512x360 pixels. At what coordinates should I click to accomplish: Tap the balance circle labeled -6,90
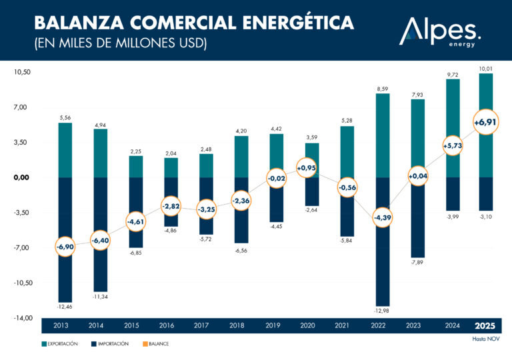click(65, 247)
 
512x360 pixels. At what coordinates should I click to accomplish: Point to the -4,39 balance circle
click(382, 218)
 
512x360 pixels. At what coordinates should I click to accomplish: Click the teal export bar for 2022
click(382, 135)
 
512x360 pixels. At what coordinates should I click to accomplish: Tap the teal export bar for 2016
click(171, 167)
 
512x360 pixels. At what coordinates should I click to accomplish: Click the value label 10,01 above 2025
click(486, 68)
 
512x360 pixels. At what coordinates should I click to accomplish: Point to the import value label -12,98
click(382, 311)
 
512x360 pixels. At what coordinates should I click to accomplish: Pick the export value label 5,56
click(65, 118)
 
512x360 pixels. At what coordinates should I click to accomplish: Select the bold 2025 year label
click(486, 326)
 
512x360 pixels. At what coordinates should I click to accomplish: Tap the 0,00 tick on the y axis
click(21, 177)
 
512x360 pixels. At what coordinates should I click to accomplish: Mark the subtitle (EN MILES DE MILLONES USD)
click(121, 44)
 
